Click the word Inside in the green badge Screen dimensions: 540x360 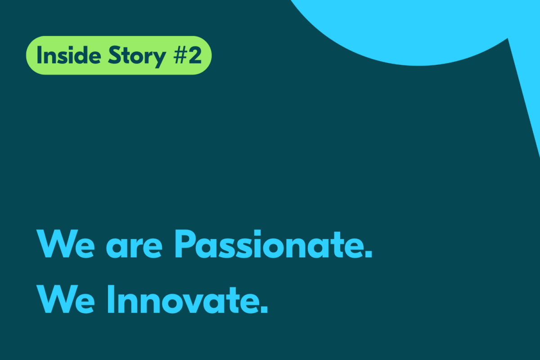69,55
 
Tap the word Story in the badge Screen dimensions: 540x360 137,57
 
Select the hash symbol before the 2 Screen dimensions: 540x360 180,55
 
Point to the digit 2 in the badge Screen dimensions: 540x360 194,55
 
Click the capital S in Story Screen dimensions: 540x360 114,55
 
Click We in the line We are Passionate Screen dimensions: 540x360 65,244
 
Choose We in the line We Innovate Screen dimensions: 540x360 65,299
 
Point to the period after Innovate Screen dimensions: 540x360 264,310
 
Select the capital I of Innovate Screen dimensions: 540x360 111,299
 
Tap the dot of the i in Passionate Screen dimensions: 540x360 257,234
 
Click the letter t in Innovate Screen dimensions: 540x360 230,300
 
